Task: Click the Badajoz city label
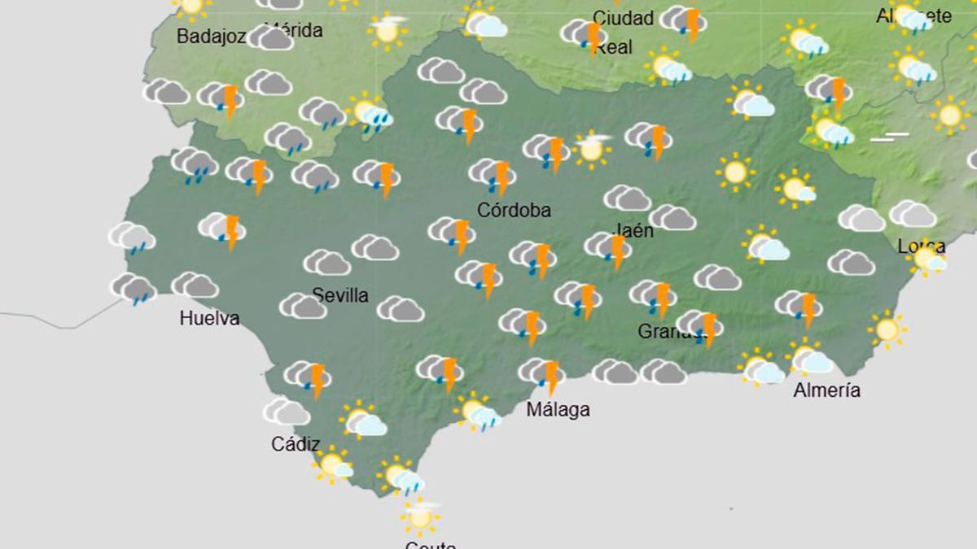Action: coord(212,36)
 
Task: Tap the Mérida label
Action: coord(294,31)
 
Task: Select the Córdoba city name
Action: coord(514,211)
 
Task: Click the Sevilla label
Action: coord(340,295)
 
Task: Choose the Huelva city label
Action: coord(209,318)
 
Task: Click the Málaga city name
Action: coord(558,409)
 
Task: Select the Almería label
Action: coord(827,390)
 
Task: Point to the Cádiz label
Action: coord(296,444)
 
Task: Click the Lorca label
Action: coord(922,246)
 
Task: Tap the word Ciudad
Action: coord(624,18)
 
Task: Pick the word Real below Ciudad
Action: coord(614,47)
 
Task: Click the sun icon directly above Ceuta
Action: coord(420,515)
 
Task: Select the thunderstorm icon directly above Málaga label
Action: coord(542,374)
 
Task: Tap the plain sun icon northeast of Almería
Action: coord(887,329)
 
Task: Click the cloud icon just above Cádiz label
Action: coord(287,412)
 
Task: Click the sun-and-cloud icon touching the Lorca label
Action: coord(927,259)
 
